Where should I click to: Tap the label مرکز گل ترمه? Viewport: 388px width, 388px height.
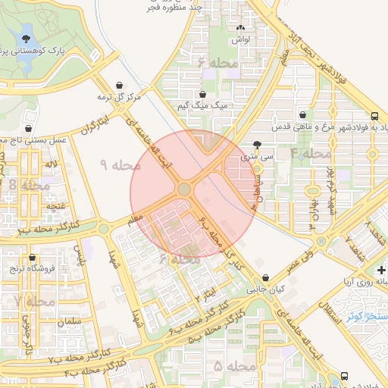[119, 97]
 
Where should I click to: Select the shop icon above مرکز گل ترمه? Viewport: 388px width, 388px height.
[120, 85]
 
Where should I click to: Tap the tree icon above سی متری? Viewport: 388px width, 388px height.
[258, 145]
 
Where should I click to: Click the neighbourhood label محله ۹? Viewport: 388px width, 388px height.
[120, 164]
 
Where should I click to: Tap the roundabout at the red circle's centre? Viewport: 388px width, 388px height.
[184, 189]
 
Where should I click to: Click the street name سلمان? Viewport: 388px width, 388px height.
[67, 322]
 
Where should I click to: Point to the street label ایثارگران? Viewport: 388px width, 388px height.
[95, 124]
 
